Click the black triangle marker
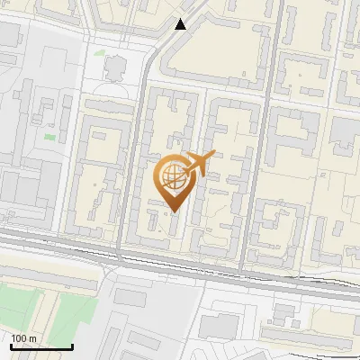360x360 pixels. tap(182, 24)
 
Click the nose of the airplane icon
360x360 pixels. tap(213, 155)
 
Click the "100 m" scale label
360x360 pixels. tap(24, 339)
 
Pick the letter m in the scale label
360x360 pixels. tap(33, 339)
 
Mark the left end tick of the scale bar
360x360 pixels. tap(11, 346)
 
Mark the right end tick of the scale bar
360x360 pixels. tap(72, 346)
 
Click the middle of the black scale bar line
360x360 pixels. tap(41, 347)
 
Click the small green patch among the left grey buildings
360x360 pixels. tap(49, 137)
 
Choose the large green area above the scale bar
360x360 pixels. tap(54, 310)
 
